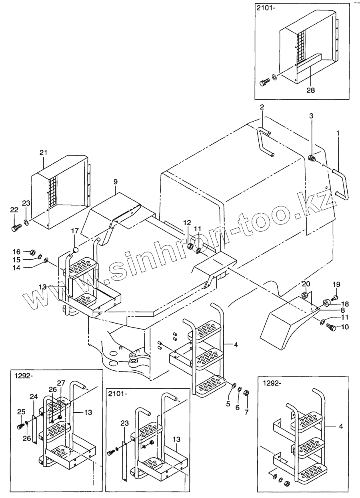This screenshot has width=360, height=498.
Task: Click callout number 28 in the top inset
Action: [x=310, y=90]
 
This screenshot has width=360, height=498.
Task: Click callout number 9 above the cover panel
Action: [x=116, y=182]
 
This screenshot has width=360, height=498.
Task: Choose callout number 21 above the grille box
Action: [x=43, y=152]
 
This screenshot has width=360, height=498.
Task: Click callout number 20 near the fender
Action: [x=306, y=284]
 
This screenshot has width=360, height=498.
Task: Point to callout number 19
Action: [x=336, y=284]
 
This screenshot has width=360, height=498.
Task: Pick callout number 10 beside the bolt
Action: [x=345, y=327]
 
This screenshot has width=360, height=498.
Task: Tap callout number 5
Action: [x=228, y=404]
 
